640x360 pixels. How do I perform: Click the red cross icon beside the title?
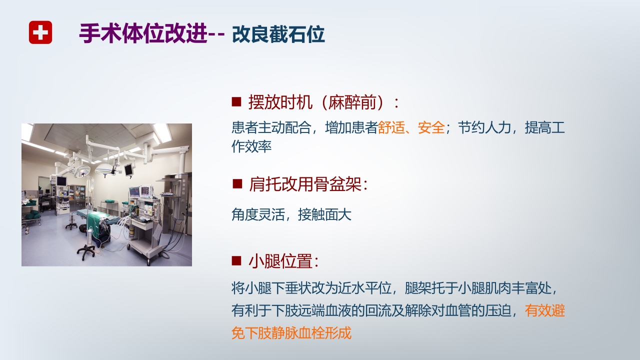[40, 33]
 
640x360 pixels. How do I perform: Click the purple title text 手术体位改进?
[143, 34]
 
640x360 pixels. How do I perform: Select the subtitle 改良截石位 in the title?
[278, 34]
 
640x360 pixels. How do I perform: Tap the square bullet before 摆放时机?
[236, 102]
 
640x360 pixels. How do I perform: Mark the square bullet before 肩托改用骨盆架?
[236, 184]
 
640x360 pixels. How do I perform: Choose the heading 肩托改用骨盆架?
[308, 184]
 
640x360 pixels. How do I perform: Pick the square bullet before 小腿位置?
[236, 261]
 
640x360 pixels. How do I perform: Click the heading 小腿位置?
[283, 261]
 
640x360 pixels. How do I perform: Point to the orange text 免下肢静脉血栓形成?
[291, 333]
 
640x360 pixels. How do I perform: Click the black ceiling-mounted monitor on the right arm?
[128, 169]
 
